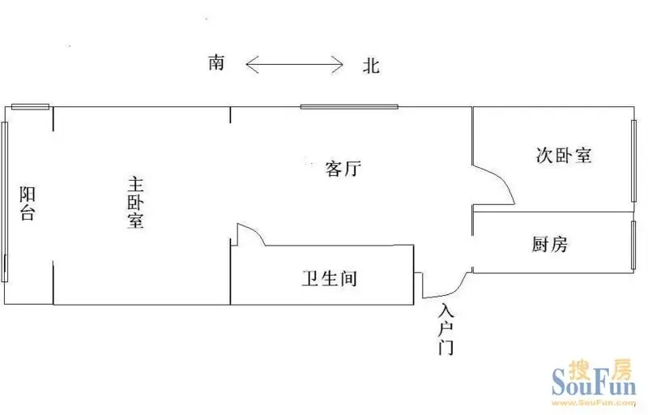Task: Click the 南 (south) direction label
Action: point(216,63)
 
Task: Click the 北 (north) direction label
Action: point(371,66)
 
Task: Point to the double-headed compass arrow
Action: point(294,65)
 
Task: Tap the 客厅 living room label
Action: point(343,169)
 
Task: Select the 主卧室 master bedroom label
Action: point(135,203)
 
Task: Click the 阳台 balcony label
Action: point(28,203)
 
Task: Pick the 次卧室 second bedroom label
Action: point(564,156)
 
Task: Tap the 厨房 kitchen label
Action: point(550,244)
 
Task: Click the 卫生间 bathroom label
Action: point(330,279)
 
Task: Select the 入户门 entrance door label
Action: point(446,329)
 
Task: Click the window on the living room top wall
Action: point(349,107)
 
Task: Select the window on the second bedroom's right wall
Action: point(633,160)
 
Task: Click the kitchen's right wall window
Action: point(633,246)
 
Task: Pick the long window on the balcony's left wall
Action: point(5,202)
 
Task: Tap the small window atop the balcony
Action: point(30,107)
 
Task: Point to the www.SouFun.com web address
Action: point(595,403)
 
